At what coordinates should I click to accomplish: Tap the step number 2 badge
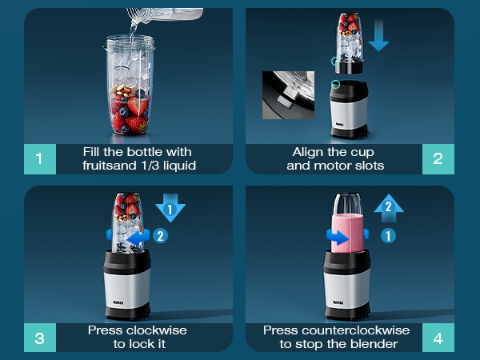438,158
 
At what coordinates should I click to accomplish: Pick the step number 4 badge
438,337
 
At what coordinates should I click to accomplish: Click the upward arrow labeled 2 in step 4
389,210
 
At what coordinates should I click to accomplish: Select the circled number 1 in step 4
388,236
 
